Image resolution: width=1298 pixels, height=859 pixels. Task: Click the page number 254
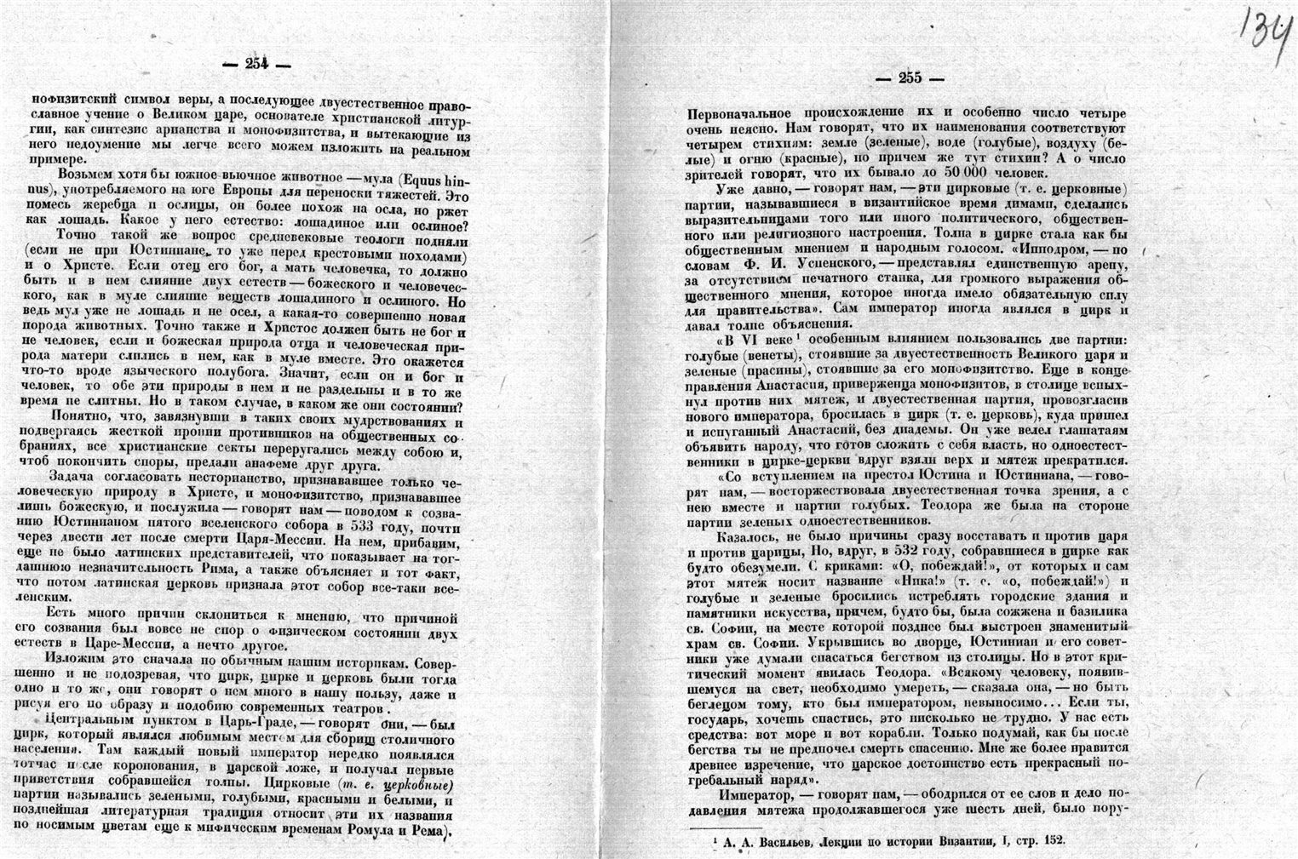coord(256,63)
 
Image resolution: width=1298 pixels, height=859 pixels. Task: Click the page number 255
coord(910,78)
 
